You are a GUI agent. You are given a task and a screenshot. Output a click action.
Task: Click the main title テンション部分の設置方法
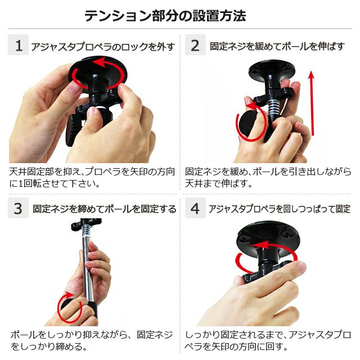tap(165, 16)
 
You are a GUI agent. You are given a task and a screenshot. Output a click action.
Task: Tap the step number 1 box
tap(19, 45)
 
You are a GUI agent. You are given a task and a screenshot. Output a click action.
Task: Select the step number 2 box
tap(195, 45)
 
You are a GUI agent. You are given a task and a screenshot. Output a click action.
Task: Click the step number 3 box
tap(19, 208)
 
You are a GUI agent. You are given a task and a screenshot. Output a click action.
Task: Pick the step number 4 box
tap(195, 208)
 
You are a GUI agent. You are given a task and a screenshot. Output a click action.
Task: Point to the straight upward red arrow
tap(312, 103)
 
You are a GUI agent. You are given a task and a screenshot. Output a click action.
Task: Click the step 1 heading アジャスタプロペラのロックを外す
tap(103, 47)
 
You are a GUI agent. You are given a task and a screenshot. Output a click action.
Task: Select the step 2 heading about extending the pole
tap(277, 46)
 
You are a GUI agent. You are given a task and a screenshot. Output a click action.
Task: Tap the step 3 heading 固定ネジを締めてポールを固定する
tap(105, 209)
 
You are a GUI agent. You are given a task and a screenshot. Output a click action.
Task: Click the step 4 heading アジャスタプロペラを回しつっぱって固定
tap(280, 209)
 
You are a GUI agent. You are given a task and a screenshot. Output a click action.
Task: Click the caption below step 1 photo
tap(92, 177)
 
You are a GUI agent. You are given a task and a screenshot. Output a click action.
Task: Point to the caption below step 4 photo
tap(268, 340)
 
